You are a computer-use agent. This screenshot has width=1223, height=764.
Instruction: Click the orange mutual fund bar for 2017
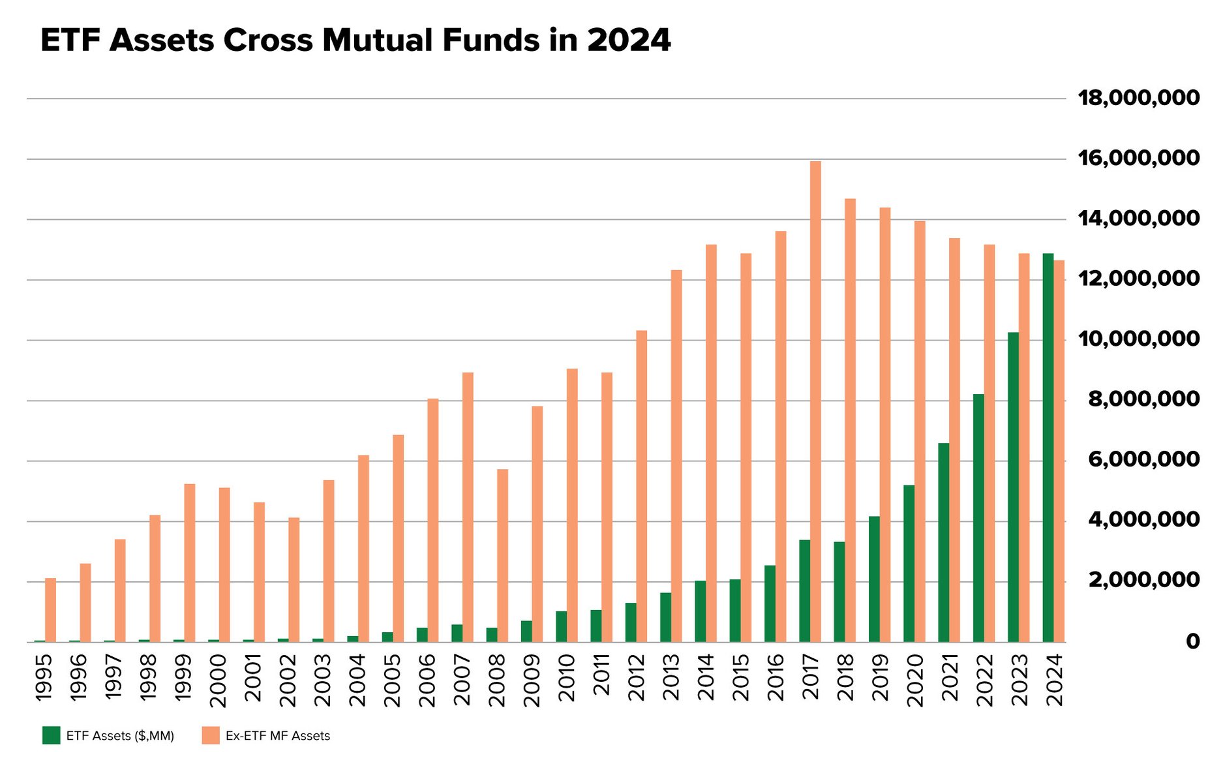(x=815, y=401)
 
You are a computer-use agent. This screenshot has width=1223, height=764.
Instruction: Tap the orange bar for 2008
(x=502, y=555)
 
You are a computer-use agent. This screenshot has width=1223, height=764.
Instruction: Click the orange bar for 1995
(x=50, y=609)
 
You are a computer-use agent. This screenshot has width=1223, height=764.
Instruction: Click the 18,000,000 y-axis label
(x=1138, y=99)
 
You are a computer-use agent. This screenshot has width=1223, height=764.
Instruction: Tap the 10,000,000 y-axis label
(x=1138, y=339)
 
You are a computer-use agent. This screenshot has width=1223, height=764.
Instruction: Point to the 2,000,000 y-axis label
(x=1143, y=580)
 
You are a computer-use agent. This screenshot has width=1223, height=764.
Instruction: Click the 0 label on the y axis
(x=1192, y=641)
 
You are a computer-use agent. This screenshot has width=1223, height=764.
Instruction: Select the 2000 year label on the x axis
(x=218, y=681)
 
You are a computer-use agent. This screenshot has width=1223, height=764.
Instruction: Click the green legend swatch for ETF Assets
(x=51, y=735)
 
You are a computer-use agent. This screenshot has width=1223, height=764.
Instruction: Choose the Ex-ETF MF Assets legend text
(x=277, y=736)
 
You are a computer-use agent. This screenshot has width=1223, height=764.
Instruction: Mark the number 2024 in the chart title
(x=629, y=40)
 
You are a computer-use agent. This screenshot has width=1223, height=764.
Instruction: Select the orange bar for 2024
(x=1059, y=451)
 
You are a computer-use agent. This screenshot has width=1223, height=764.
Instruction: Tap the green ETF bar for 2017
(x=804, y=590)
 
